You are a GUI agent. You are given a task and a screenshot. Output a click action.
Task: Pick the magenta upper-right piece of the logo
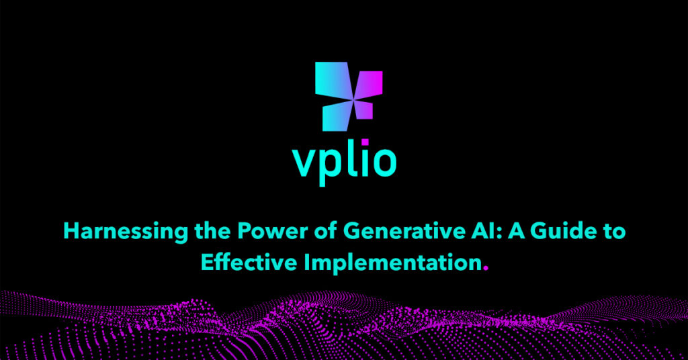tap(369, 84)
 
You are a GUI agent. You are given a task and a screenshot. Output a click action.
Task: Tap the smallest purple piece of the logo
tap(362, 109)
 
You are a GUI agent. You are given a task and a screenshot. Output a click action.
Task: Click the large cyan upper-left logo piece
tap(331, 79)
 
